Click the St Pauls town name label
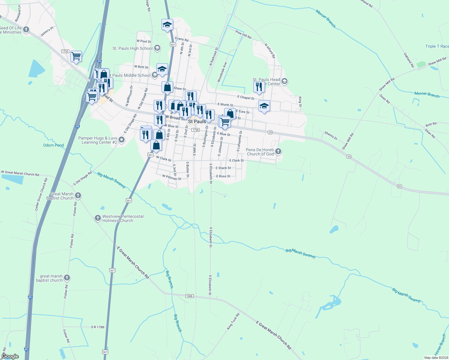pyautogui.click(x=197, y=121)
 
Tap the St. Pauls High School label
pyautogui.click(x=132, y=48)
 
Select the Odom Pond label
pyautogui.click(x=53, y=145)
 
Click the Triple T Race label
pyautogui.click(x=437, y=46)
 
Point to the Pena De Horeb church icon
pyautogui.click(x=278, y=151)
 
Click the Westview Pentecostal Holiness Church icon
pyautogui.click(x=98, y=218)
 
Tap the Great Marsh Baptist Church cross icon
pyautogui.click(x=78, y=196)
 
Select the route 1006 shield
pyautogui.click(x=189, y=296)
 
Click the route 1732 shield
pyautogui.click(x=65, y=51)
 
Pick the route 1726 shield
pyautogui.click(x=195, y=130)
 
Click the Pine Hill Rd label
pyautogui.click(x=243, y=34)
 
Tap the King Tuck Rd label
pyautogui.click(x=233, y=321)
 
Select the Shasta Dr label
pyautogui.click(x=331, y=136)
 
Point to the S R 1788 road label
pyautogui.click(x=98, y=327)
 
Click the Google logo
pyautogui.click(x=10, y=356)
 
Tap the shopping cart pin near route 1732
pyautogui.click(x=76, y=56)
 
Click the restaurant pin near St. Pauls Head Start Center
pyautogui.click(x=259, y=87)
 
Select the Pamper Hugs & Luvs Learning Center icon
pyautogui.click(x=121, y=140)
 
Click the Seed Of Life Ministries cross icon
pyautogui.click(x=26, y=30)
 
